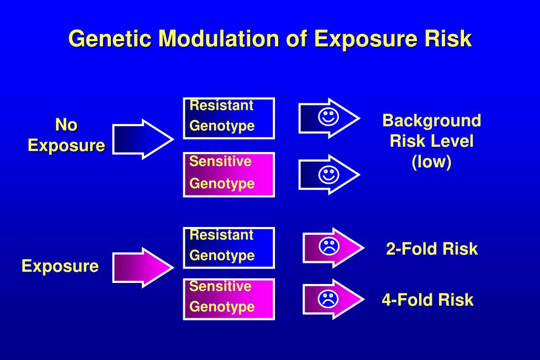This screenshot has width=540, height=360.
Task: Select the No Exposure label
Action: [x=66, y=135]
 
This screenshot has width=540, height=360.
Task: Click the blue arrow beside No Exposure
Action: [x=141, y=139]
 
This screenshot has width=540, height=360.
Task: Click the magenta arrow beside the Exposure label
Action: [x=141, y=267]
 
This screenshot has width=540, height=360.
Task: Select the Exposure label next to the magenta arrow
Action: [x=60, y=266]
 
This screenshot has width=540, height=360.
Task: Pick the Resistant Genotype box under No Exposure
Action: [x=229, y=118]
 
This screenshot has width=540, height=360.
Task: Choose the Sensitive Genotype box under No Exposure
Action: [x=229, y=174]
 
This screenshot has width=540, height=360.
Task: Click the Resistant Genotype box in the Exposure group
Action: [x=229, y=247]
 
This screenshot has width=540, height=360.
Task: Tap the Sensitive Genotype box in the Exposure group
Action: [x=229, y=299]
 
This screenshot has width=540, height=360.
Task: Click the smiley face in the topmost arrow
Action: [x=328, y=118]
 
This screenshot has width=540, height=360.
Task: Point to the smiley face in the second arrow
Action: [x=328, y=174]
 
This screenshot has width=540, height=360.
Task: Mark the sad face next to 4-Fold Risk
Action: [x=328, y=299]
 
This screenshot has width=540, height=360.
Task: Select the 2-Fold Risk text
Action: [x=431, y=249]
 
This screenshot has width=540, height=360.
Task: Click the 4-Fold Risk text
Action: [x=428, y=300]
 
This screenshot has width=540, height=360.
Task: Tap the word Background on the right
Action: [x=431, y=120]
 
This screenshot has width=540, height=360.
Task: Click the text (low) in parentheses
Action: [x=431, y=162]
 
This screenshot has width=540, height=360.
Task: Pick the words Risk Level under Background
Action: [x=431, y=141]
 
